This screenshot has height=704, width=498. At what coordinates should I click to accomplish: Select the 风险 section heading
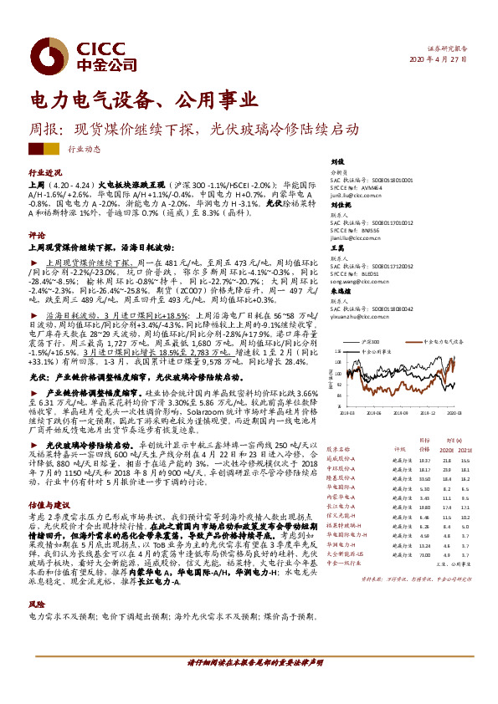tap(37, 603)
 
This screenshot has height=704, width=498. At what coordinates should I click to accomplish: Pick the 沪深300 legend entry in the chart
tap(373, 343)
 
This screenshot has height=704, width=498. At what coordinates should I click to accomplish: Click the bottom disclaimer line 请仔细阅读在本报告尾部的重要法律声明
tap(255, 684)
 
